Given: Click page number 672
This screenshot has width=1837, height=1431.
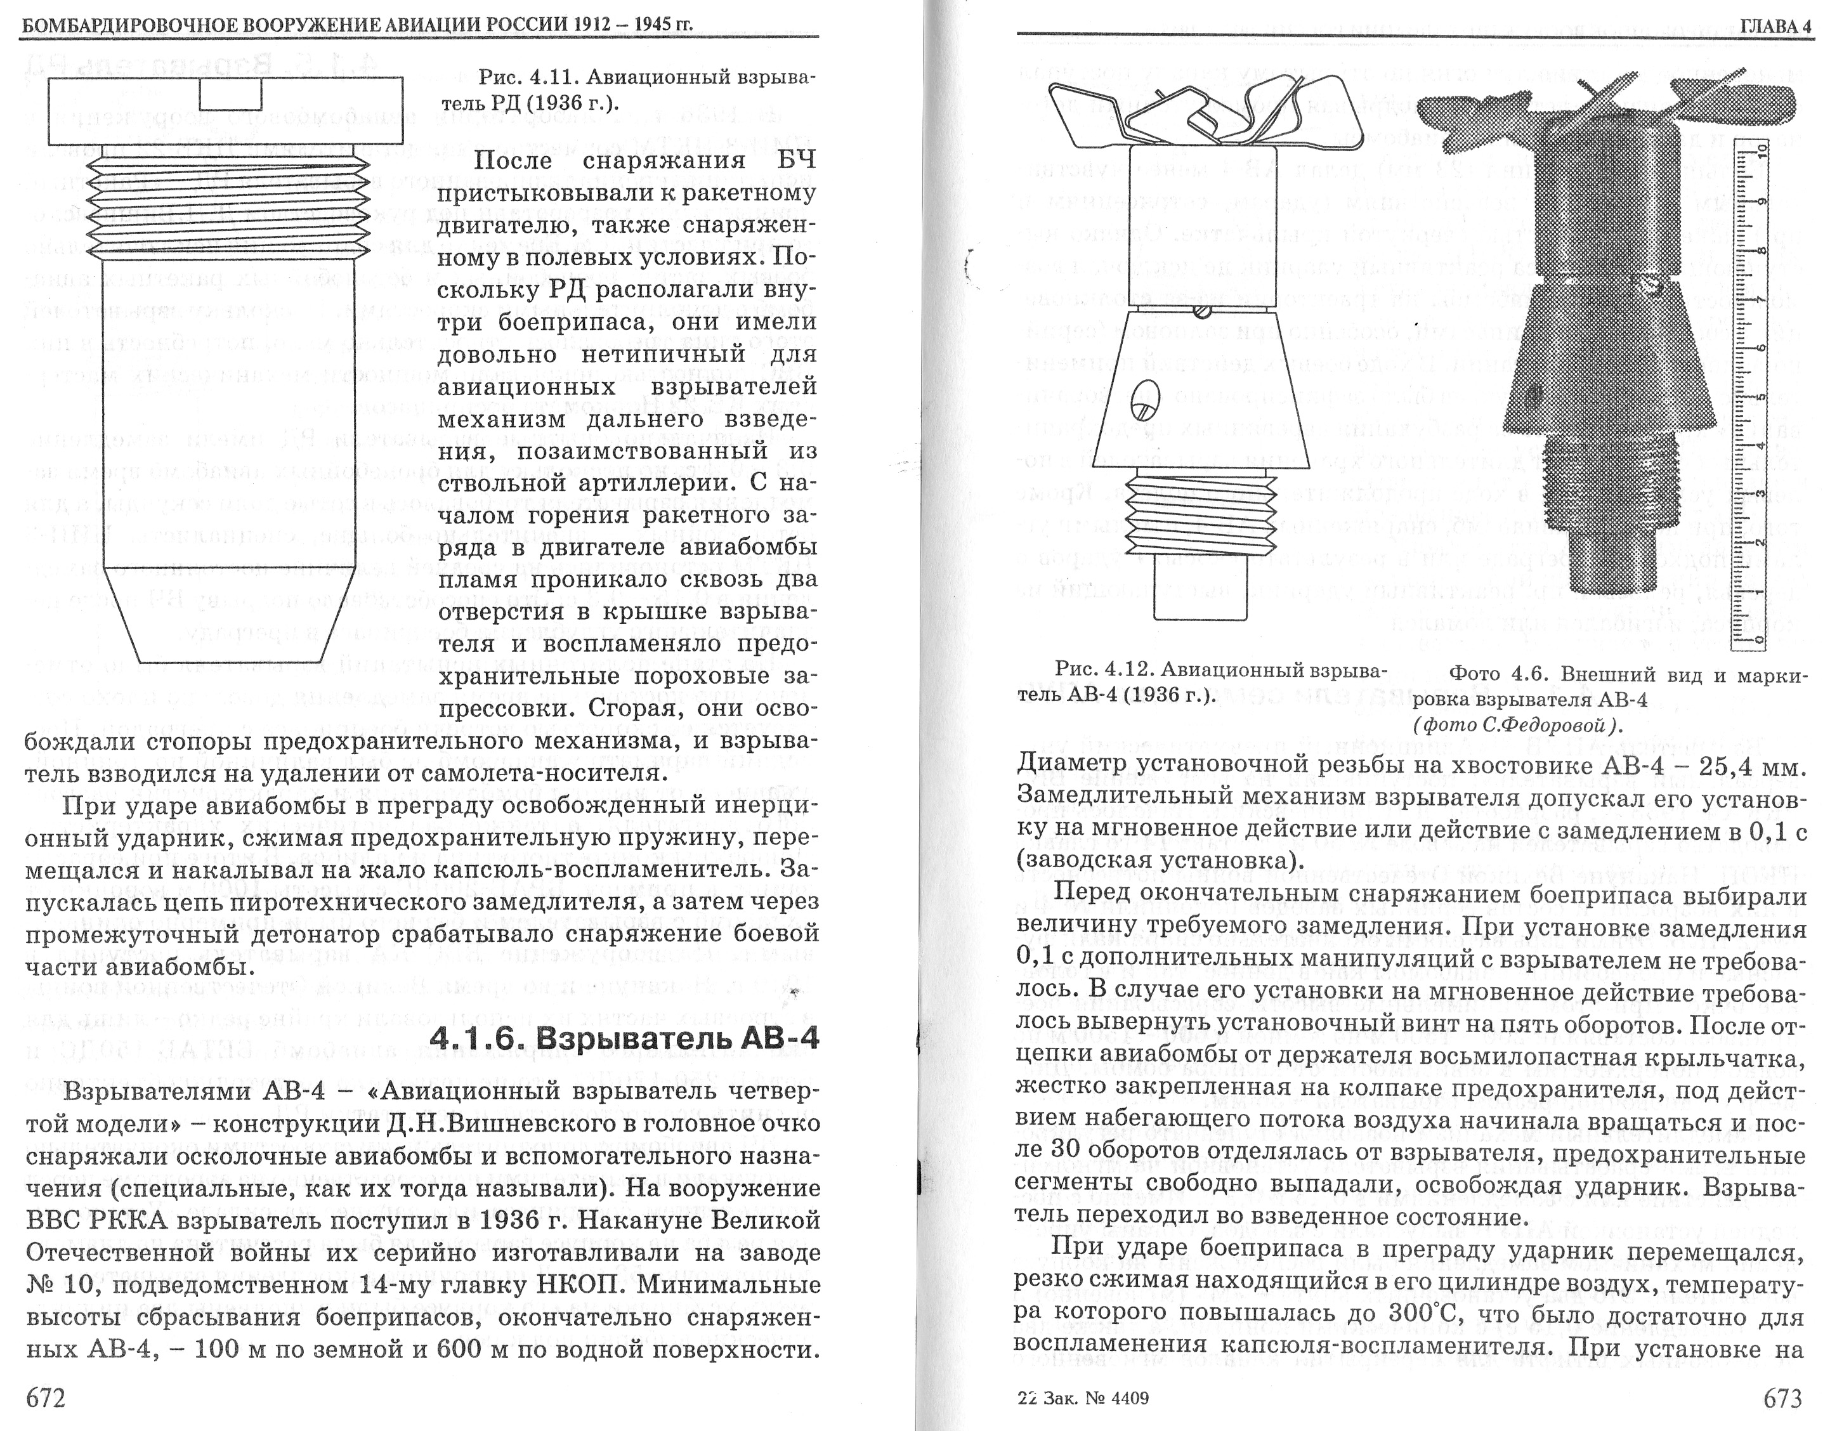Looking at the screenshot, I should coord(46,1397).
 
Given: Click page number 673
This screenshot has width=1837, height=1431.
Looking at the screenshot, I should coord(1782,1397).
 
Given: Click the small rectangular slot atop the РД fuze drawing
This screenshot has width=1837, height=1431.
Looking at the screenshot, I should coord(226,95).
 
